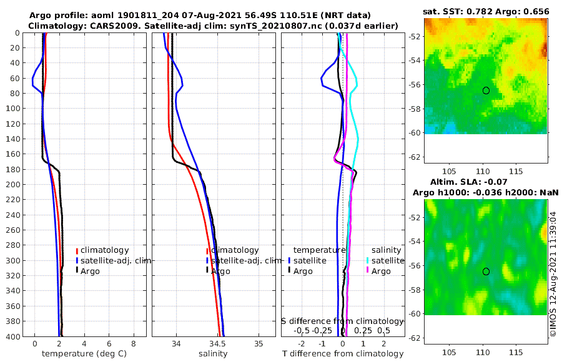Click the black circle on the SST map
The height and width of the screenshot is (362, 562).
click(x=486, y=90)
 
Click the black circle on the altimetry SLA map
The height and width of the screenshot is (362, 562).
click(x=486, y=271)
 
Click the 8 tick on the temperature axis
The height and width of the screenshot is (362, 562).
click(x=133, y=344)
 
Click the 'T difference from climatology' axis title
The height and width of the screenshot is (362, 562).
click(x=342, y=354)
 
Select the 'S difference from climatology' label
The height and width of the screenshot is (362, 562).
click(x=342, y=321)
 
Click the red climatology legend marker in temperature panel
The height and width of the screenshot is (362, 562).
click(x=77, y=250)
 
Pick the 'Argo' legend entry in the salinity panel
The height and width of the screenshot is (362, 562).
click(x=220, y=271)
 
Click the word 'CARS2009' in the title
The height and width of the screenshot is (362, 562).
click(x=112, y=26)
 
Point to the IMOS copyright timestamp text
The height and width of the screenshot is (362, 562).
click(x=553, y=274)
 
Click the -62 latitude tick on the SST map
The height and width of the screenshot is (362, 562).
click(x=413, y=157)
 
